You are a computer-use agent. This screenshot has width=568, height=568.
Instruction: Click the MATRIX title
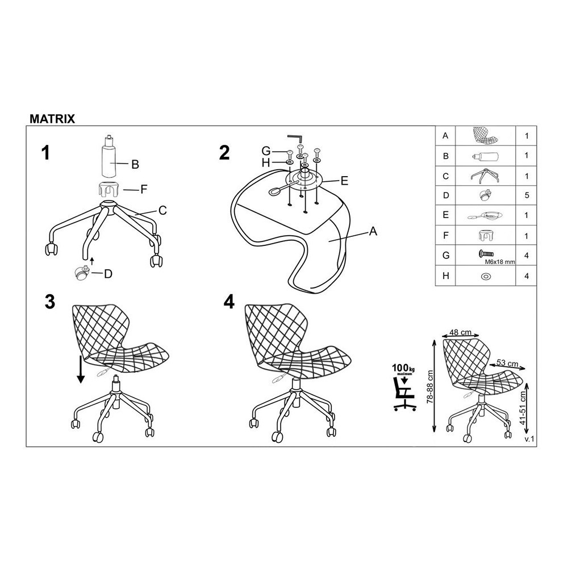pyautogui.click(x=52, y=119)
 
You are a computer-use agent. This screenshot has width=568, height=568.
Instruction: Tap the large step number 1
pyautogui.click(x=45, y=152)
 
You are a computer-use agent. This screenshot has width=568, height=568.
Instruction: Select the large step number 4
pyautogui.click(x=229, y=302)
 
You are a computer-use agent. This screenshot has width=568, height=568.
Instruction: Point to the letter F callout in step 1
pyautogui.click(x=144, y=189)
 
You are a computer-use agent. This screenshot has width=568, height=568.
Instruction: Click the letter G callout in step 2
pyautogui.click(x=266, y=151)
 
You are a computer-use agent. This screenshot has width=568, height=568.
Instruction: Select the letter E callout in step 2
pyautogui.click(x=344, y=181)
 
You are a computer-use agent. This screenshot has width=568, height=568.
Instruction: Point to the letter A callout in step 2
pyautogui.click(x=373, y=231)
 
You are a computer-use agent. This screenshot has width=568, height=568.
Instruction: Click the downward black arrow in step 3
pyautogui.click(x=81, y=369)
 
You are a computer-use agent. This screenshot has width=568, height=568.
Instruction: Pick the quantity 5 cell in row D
pyautogui.click(x=527, y=195)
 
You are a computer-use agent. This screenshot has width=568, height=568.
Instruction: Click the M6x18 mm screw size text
pyautogui.click(x=499, y=262)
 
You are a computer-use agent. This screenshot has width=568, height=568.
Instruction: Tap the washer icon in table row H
pyautogui.click(x=486, y=277)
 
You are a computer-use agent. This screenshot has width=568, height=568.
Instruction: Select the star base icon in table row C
pyautogui.click(x=486, y=176)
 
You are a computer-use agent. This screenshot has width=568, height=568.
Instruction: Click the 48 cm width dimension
pyautogui.click(x=461, y=332)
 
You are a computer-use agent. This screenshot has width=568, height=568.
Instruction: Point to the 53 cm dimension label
pyautogui.click(x=507, y=363)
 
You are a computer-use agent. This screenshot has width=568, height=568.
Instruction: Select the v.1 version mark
pyautogui.click(x=529, y=439)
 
